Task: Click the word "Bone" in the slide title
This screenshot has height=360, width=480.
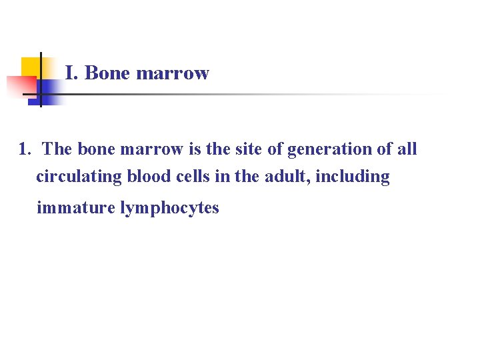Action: tap(108, 73)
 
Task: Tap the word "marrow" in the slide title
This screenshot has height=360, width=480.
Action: tap(172, 73)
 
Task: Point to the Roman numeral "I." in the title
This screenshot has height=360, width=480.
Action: tap(72, 73)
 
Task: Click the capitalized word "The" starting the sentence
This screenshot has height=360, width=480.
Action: tap(57, 149)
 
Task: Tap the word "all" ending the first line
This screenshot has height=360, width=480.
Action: tap(407, 149)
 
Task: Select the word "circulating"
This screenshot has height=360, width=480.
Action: tap(79, 177)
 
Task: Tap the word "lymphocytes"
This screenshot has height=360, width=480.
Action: tap(169, 208)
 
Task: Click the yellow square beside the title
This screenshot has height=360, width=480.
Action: tap(29, 67)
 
